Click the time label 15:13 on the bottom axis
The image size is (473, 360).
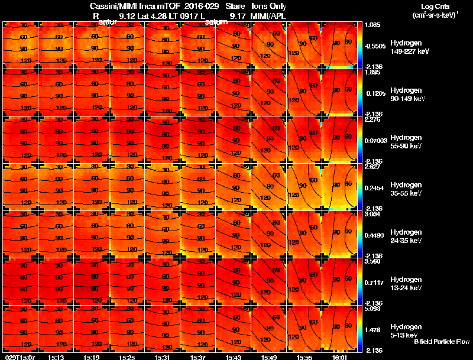click(56, 357)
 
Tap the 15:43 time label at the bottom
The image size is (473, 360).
click(234, 357)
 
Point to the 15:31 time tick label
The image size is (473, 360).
click(163, 357)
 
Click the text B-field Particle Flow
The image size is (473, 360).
click(441, 342)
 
